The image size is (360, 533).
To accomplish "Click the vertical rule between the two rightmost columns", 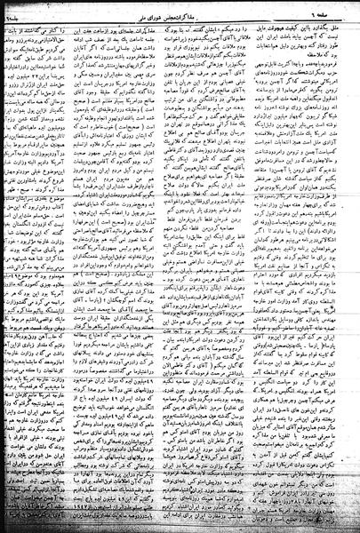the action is (x=270, y=266).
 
